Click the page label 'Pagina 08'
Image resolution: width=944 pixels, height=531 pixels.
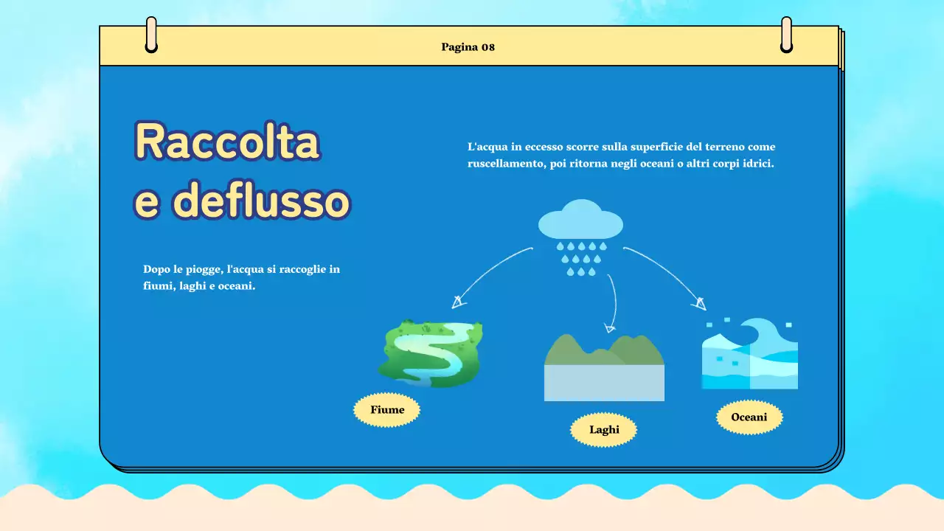coord(468,47)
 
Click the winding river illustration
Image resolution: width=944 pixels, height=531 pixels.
coord(430,353)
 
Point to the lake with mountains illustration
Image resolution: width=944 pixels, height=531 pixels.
coord(604,367)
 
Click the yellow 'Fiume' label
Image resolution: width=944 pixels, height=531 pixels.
coord(387,410)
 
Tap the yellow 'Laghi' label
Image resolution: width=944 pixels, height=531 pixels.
coord(604,430)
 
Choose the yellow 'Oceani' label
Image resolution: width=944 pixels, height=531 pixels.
coord(749,417)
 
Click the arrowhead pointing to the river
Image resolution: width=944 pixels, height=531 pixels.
coord(459,301)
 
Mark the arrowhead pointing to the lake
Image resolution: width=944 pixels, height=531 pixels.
coord(609,327)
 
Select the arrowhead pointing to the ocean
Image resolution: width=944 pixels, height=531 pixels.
coord(698,302)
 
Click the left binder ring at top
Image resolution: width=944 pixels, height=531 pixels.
coord(151,35)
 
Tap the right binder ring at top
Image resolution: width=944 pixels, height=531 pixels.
coord(786,35)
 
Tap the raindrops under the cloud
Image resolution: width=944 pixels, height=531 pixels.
coord(581,259)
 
